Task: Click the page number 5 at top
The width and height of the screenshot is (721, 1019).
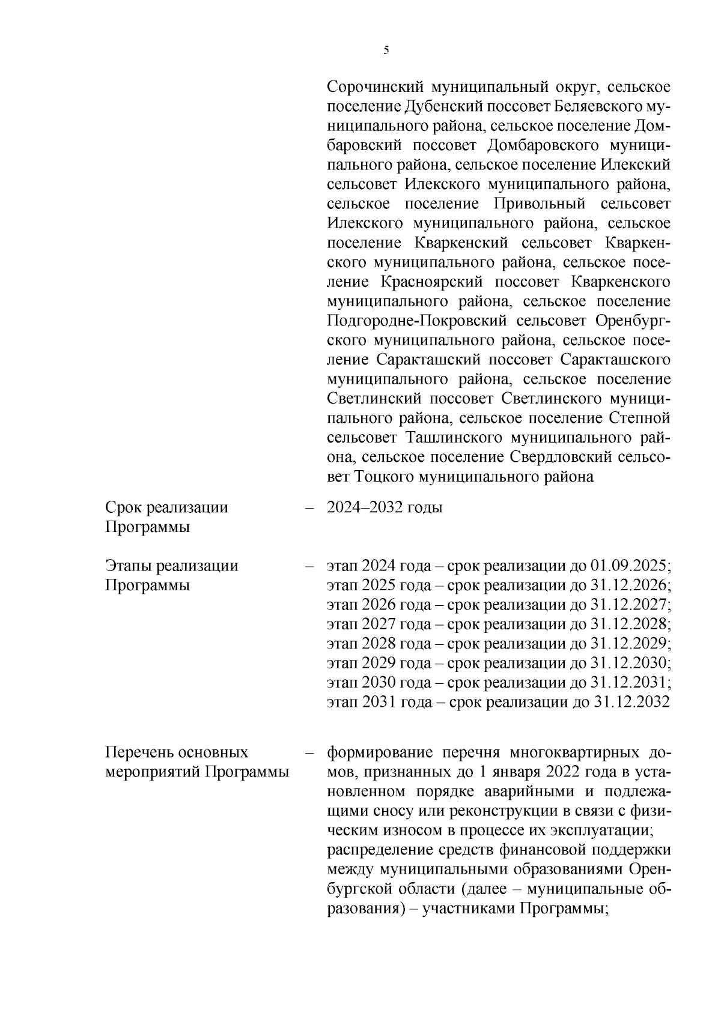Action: (x=386, y=50)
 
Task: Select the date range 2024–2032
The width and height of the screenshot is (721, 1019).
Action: (x=364, y=507)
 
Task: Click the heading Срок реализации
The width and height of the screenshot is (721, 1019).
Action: (x=166, y=507)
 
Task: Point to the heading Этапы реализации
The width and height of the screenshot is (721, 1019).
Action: (x=171, y=566)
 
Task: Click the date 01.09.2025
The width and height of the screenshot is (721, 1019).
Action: (x=629, y=566)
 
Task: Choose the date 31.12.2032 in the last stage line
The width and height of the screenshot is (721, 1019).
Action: (x=631, y=702)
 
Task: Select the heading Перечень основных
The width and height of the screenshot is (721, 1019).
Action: (x=177, y=752)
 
